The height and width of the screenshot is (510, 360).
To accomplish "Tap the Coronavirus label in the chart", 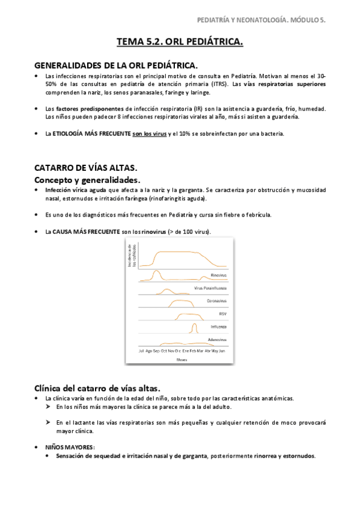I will (217, 301).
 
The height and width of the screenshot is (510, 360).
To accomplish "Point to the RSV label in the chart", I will (222, 313).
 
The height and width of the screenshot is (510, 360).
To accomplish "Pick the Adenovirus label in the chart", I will (218, 339).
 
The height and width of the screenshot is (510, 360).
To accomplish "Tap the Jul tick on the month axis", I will (141, 349).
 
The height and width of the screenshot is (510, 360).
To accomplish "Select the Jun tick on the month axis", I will (222, 349).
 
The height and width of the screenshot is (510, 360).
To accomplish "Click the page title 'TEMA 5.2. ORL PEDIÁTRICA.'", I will (180, 41).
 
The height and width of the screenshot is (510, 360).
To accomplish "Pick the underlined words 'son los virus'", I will (150, 133).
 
